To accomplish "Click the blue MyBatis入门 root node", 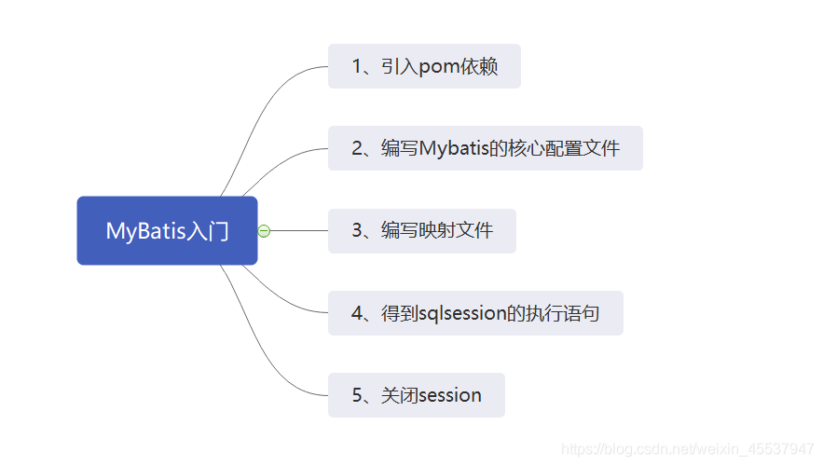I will point(167,230).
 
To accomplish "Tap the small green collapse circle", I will point(264,230).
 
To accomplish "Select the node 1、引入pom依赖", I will point(424,66).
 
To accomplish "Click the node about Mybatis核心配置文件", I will point(485,148).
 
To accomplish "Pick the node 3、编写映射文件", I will point(421,230).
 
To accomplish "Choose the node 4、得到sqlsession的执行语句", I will point(475,313).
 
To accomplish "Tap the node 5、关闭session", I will point(416,395).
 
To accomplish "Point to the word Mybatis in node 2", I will point(454,149).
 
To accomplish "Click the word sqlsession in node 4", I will point(461,314).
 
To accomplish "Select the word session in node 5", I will point(450,395).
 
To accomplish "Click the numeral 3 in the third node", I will point(357,230).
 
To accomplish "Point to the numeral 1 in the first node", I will point(357,67).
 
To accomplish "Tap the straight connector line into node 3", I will point(298,230).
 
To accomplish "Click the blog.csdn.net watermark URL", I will point(689,449).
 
